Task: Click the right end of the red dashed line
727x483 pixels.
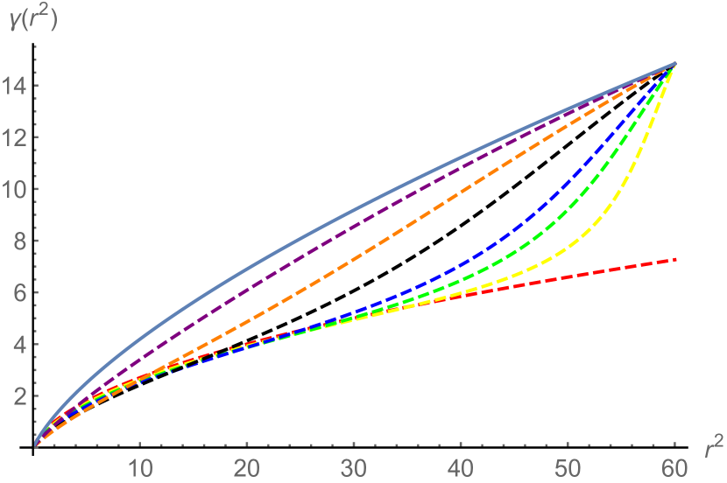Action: (x=674, y=260)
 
